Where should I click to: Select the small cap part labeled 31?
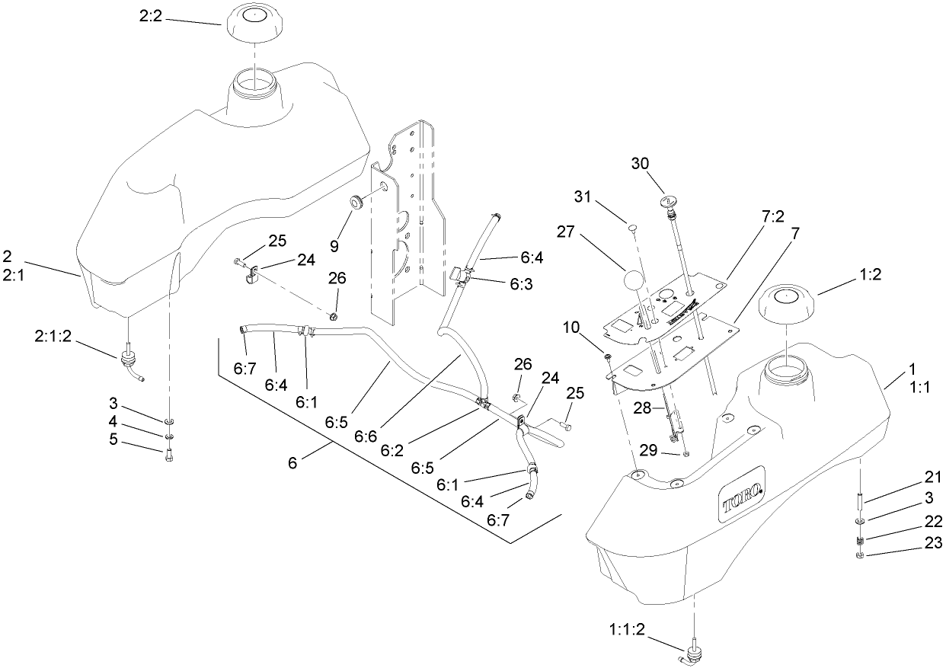tap(631, 226)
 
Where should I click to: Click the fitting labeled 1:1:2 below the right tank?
tap(694, 651)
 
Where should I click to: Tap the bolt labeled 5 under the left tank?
tap(168, 455)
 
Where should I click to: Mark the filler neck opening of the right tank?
tap(787, 369)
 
